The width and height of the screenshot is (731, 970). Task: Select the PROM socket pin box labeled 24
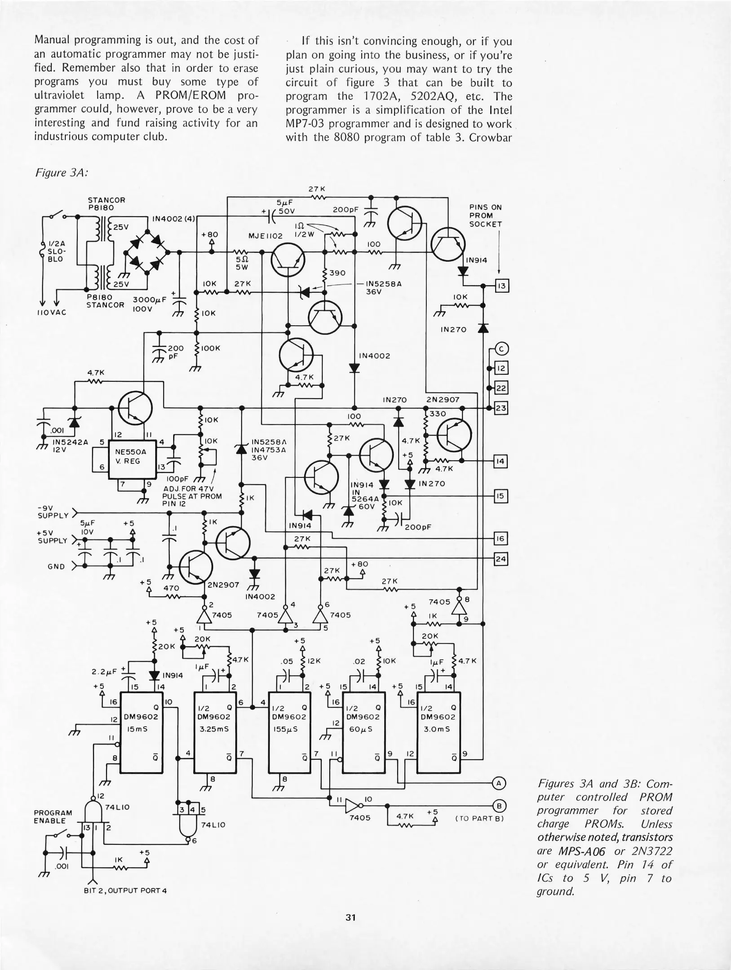point(501,559)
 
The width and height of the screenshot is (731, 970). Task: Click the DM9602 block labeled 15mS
point(142,732)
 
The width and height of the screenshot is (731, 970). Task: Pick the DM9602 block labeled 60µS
point(363,732)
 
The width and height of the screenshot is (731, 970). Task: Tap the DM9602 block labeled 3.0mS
point(438,732)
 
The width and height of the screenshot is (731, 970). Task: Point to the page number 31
point(351,917)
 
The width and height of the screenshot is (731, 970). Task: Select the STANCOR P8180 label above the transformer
point(106,204)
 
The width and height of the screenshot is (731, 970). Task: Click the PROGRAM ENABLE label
point(53,817)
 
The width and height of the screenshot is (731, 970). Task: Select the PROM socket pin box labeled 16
point(501,538)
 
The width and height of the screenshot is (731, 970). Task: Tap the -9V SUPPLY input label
point(53,511)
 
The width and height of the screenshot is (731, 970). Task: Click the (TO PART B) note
point(479,818)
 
